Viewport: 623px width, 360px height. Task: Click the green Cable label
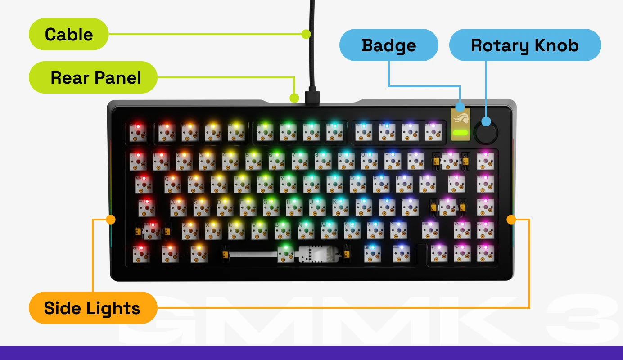pyautogui.click(x=68, y=34)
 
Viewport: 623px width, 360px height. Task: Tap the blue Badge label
pyautogui.click(x=388, y=45)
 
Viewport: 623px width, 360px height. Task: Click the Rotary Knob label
pyautogui.click(x=525, y=45)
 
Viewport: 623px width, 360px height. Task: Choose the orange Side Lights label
pyautogui.click(x=93, y=308)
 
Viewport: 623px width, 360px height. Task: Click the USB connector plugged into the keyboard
pyautogui.click(x=311, y=97)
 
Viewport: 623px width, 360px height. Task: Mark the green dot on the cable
pyautogui.click(x=306, y=34)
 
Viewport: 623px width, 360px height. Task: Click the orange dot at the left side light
pyautogui.click(x=110, y=220)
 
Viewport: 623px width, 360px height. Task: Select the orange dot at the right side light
pyautogui.click(x=511, y=220)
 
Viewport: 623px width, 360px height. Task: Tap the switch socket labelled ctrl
pyautogui.click(x=140, y=254)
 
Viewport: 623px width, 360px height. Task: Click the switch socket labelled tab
pyautogui.click(x=144, y=184)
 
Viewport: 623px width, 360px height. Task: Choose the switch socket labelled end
pyautogui.click(x=485, y=230)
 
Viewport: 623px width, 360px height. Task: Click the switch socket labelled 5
pyautogui.click(x=253, y=161)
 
